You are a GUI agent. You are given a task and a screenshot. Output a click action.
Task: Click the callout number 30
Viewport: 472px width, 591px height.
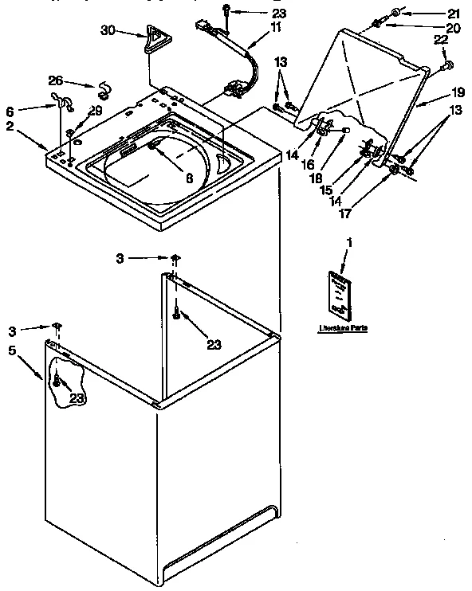coord(108,30)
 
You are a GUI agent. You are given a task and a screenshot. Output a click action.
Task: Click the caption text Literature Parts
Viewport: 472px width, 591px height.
coord(342,328)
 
